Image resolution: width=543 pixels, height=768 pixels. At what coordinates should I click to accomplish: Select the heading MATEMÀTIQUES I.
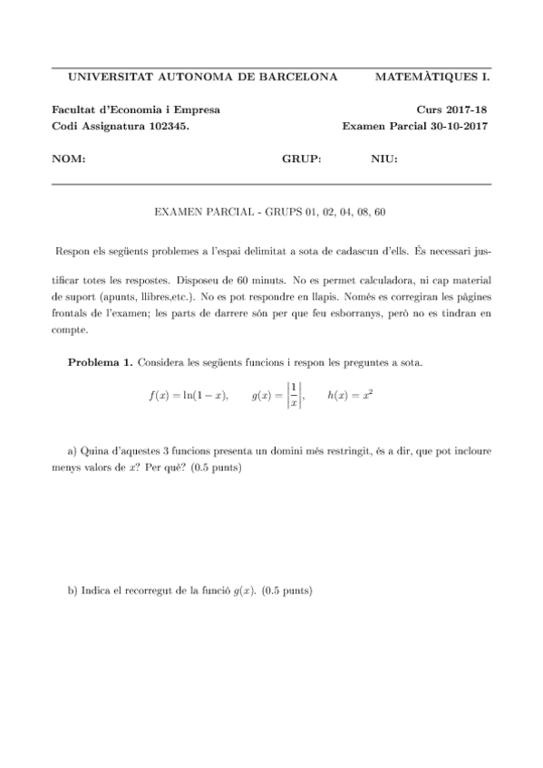[x=431, y=77]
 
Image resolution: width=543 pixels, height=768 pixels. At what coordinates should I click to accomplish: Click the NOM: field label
[x=69, y=159]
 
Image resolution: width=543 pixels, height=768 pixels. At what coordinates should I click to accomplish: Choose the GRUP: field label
[x=302, y=159]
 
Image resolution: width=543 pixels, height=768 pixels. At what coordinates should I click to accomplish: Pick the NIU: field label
[x=384, y=159]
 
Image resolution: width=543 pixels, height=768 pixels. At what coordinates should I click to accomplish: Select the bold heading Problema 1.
[x=100, y=363]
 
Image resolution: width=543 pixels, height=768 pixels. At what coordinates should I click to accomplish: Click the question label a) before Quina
[x=73, y=450]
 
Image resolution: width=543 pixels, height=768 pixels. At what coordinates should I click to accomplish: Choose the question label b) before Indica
[x=73, y=590]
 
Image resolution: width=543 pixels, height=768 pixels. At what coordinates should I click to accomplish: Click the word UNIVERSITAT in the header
[x=102, y=77]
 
